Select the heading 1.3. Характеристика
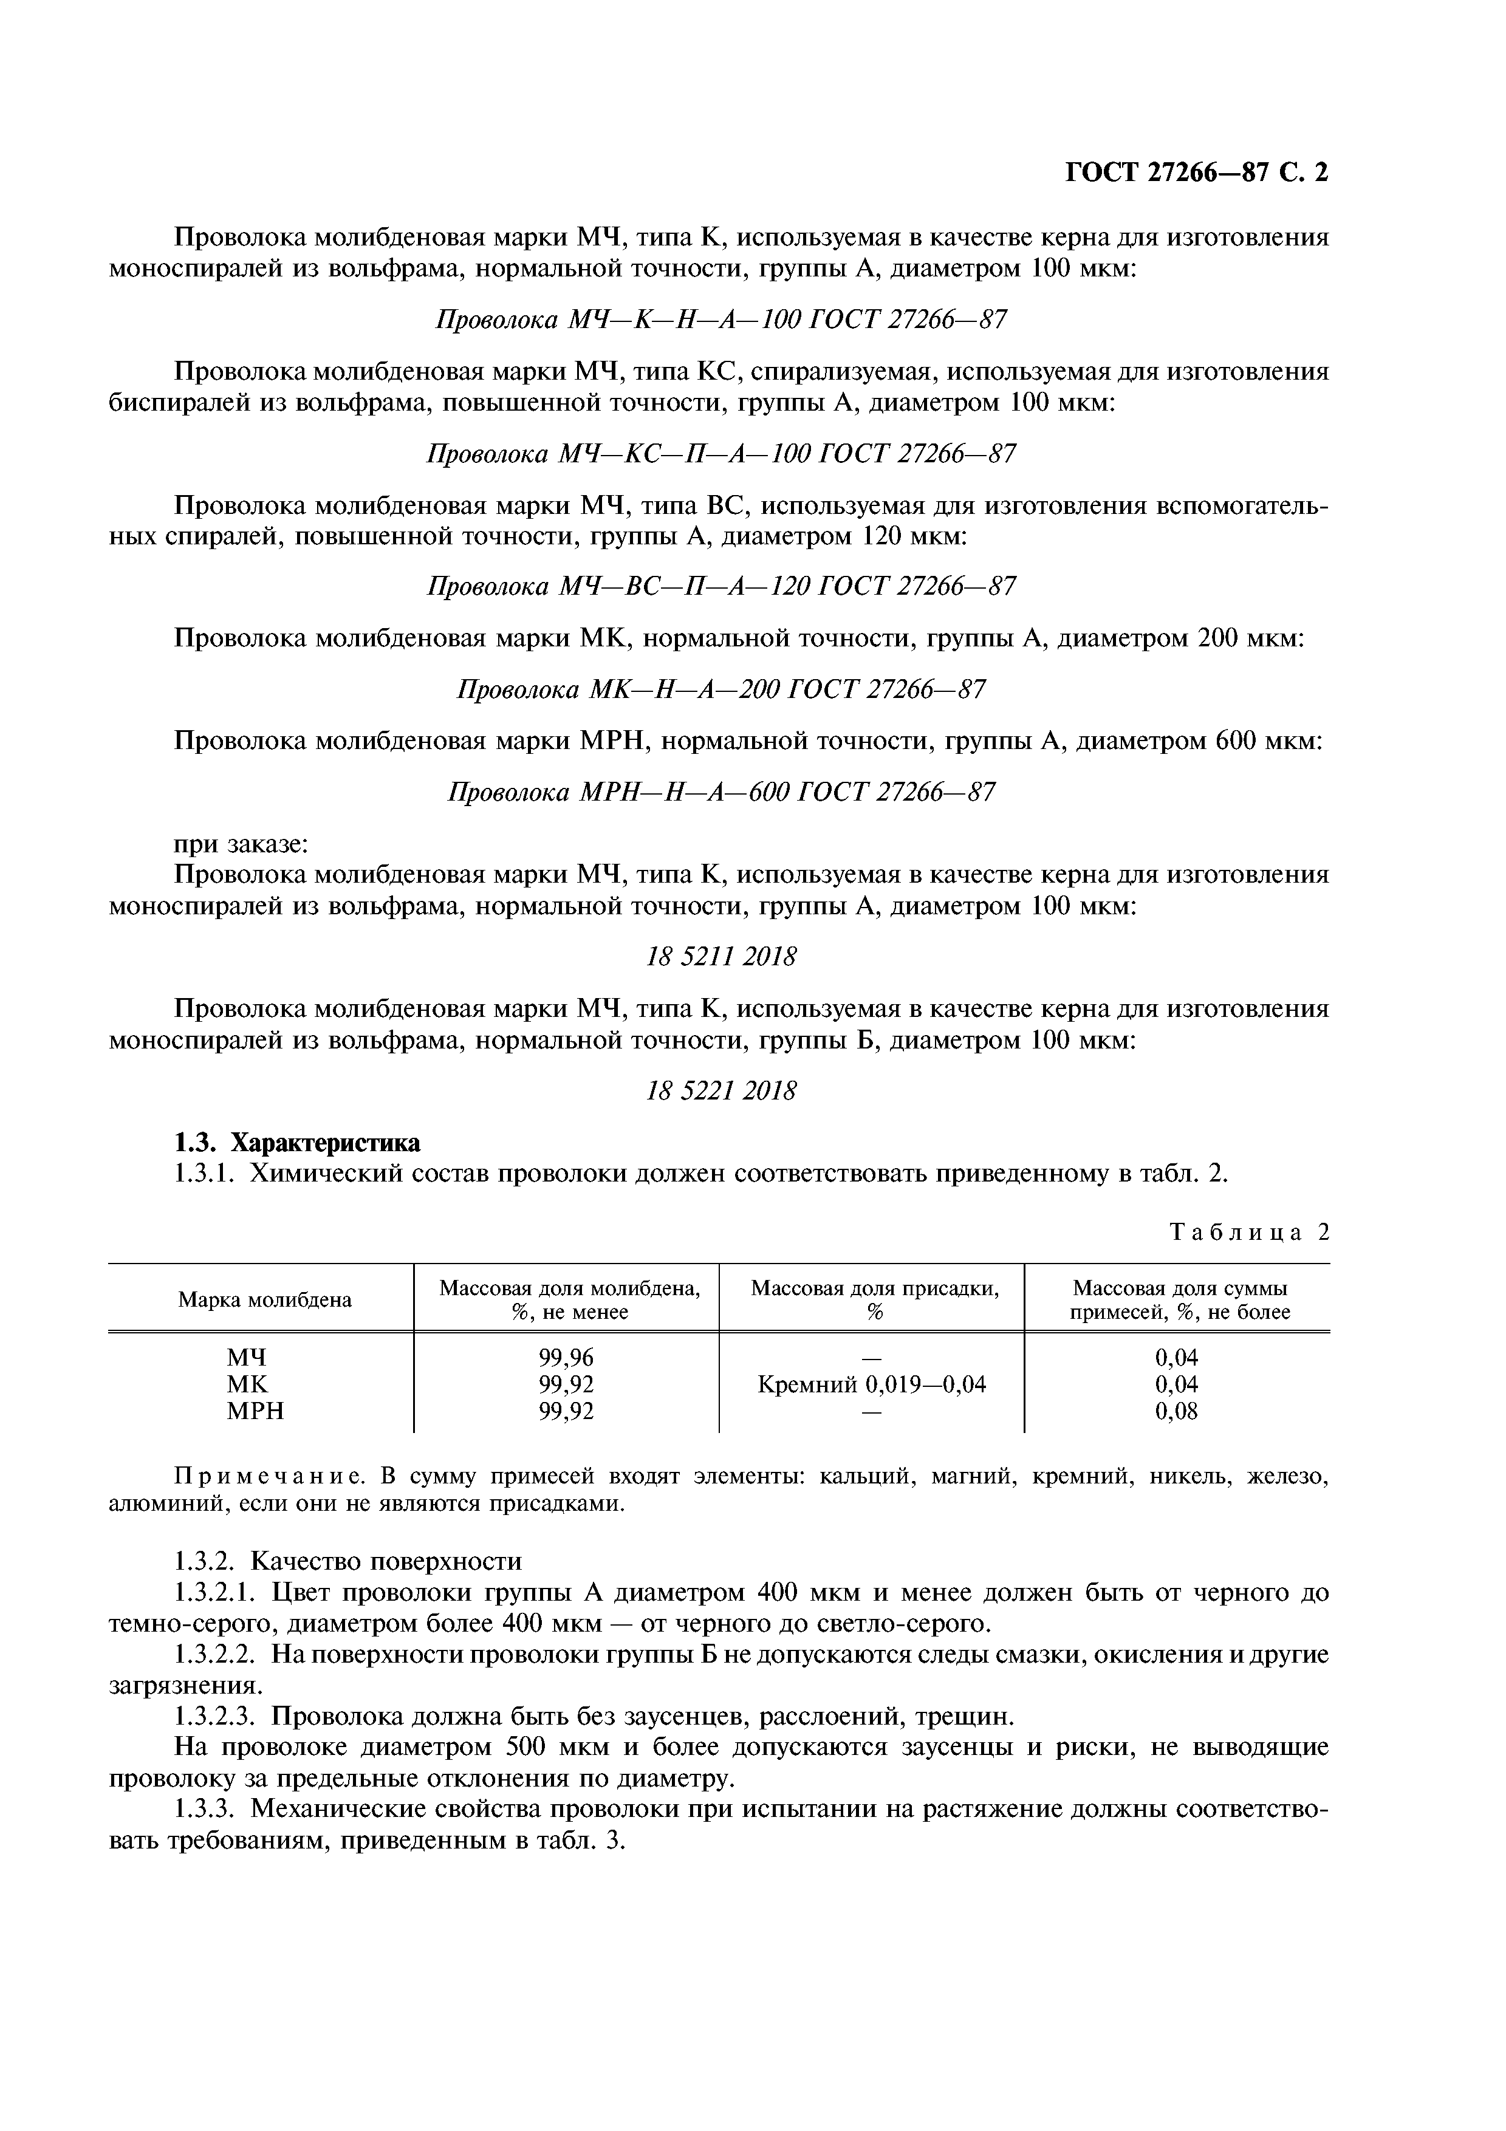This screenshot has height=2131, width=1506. (x=297, y=1141)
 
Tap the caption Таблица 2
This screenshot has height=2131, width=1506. (x=1249, y=1231)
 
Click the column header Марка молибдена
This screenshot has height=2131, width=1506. (x=264, y=1299)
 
